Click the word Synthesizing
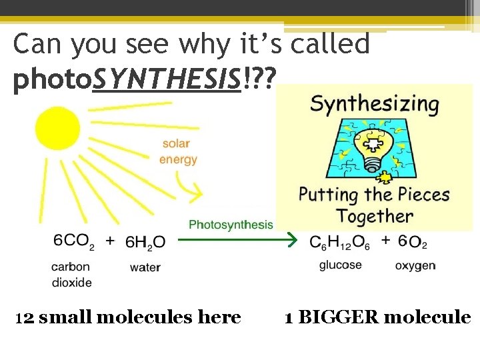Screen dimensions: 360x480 coord(375,105)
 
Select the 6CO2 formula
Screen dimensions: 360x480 coord(74,241)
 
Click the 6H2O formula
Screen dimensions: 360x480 coord(145,241)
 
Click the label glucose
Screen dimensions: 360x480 coord(340,265)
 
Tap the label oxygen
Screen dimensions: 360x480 coord(415,265)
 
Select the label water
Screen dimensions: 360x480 coord(145,267)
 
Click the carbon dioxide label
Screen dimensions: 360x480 coord(71,275)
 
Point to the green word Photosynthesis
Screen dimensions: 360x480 coord(231,224)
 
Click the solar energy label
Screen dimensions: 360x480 coord(178,152)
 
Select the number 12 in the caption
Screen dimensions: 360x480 coord(25,317)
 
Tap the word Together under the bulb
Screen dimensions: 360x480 coord(375,216)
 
